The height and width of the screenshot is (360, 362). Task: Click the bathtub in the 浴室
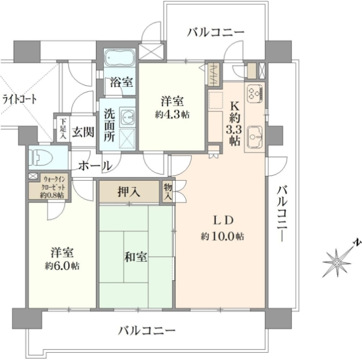pos(119,58)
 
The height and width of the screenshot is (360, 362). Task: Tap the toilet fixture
pos(40,158)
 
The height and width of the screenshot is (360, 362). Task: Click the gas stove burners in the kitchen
pos(255,93)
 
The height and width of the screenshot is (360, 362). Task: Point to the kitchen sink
pos(255,137)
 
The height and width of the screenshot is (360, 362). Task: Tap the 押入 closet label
pos(129,192)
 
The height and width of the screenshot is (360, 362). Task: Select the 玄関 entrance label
pos(83,133)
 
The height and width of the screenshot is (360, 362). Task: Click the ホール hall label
pos(95,166)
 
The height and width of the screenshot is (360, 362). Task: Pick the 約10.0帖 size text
pos(222,236)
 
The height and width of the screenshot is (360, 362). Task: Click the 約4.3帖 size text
pos(172,115)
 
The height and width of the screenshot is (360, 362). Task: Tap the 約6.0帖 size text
pos(62,266)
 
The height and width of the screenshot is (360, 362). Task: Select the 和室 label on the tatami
pos(136,257)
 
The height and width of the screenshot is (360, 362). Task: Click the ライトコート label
pos(19,100)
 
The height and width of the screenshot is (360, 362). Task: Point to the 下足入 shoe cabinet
pos(63,129)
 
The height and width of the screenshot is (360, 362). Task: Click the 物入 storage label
pos(168,192)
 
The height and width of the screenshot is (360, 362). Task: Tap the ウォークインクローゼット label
pos(54,187)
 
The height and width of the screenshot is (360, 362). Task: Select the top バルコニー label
pos(215,33)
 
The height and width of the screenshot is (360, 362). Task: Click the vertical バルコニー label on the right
pos(282,214)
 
